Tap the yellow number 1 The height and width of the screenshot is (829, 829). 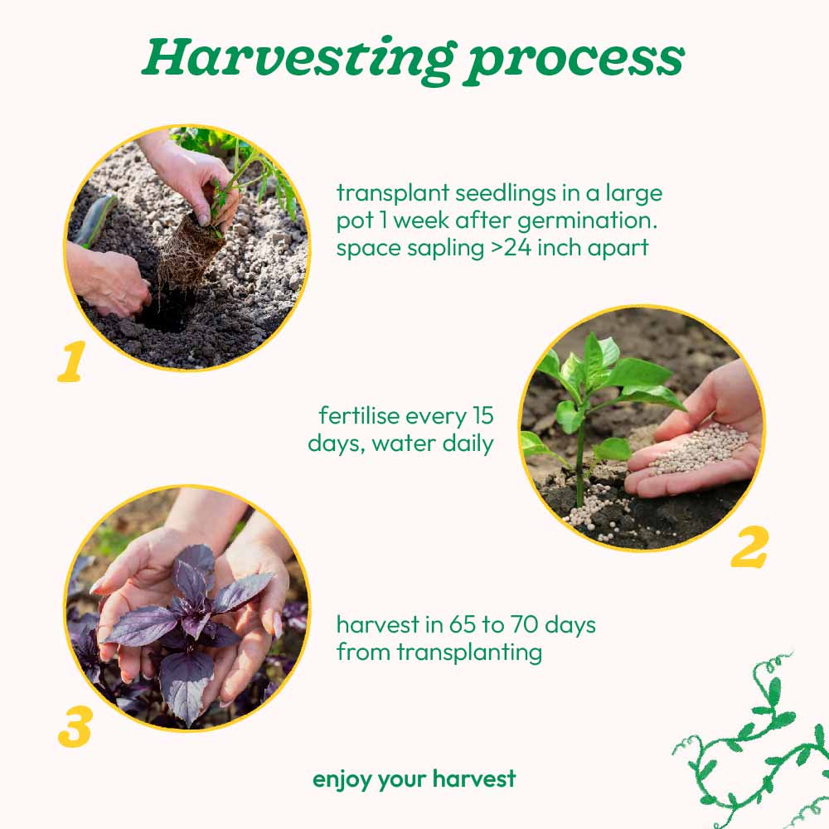(71, 361)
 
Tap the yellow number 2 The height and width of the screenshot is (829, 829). (749, 546)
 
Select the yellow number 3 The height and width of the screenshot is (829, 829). (75, 728)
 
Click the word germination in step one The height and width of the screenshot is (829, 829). (587, 221)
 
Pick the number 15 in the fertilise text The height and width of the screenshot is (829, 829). (482, 415)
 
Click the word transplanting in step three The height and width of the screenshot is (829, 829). (469, 652)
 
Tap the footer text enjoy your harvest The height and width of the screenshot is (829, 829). (414, 779)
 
